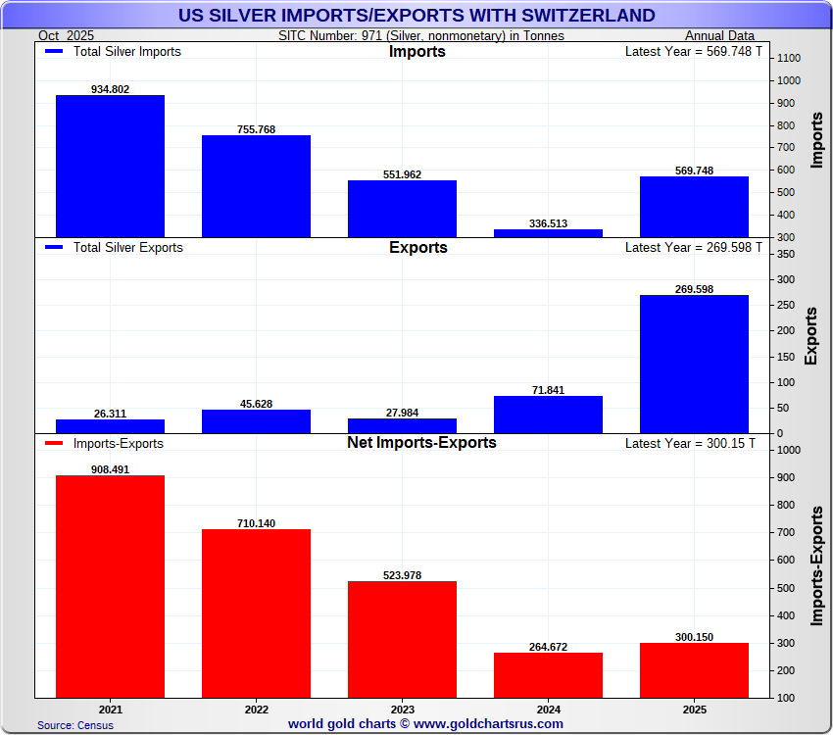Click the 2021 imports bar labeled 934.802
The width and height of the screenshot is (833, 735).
[110, 167]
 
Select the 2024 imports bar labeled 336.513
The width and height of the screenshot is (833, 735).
[548, 233]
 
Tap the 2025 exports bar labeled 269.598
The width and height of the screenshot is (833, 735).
[694, 364]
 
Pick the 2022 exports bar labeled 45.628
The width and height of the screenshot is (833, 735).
[256, 421]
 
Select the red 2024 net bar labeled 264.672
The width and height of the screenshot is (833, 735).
[548, 674]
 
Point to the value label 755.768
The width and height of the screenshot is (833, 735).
[256, 129]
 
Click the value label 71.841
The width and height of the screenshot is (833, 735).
[548, 390]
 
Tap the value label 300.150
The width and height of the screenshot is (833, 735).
[694, 637]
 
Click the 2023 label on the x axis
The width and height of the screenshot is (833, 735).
[402, 708]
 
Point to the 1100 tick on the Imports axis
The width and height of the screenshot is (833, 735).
[789, 59]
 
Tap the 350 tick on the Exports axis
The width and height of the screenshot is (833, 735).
[785, 254]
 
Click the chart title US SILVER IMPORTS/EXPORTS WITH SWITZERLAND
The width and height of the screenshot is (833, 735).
[416, 16]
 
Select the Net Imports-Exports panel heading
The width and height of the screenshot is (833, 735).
[421, 443]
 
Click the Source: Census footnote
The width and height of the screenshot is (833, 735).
[75, 725]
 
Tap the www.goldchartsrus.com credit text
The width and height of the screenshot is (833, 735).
[487, 724]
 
